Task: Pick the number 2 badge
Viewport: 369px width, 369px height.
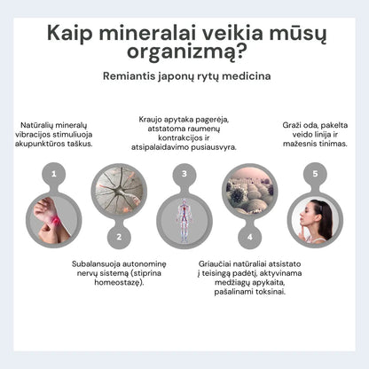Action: point(119,237)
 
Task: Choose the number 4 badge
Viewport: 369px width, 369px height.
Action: point(249,237)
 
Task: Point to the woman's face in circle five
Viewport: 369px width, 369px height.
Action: point(318,216)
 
